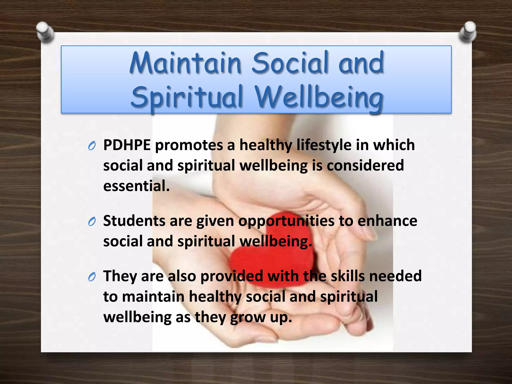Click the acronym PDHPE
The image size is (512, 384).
pyautogui.click(x=127, y=145)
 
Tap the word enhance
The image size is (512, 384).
pyautogui.click(x=387, y=221)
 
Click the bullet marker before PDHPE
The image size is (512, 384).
pyautogui.click(x=92, y=146)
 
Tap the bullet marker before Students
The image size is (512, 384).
pyautogui.click(x=92, y=221)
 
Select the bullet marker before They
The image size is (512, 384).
pyautogui.click(x=92, y=277)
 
